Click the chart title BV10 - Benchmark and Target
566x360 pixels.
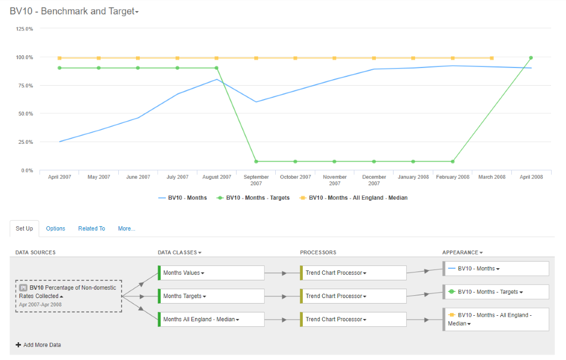(74, 11)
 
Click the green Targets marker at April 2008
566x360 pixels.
(531, 58)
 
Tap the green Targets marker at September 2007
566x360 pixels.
(256, 161)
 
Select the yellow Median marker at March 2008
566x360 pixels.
(491, 58)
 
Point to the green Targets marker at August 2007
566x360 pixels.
(217, 68)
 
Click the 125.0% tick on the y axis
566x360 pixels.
(24, 29)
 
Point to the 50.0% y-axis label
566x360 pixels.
(25, 114)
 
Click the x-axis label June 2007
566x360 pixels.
(138, 177)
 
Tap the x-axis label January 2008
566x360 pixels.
(413, 177)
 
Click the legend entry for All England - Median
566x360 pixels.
(354, 198)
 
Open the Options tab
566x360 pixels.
(56, 228)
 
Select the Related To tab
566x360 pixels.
(92, 228)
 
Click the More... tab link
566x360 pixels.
(127, 228)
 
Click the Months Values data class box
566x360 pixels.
(211, 273)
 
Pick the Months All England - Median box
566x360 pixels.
(211, 320)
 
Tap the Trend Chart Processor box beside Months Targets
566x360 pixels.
(353, 296)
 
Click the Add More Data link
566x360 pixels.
(38, 345)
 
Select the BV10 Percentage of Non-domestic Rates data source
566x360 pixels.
(69, 296)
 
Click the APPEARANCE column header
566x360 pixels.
(463, 252)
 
